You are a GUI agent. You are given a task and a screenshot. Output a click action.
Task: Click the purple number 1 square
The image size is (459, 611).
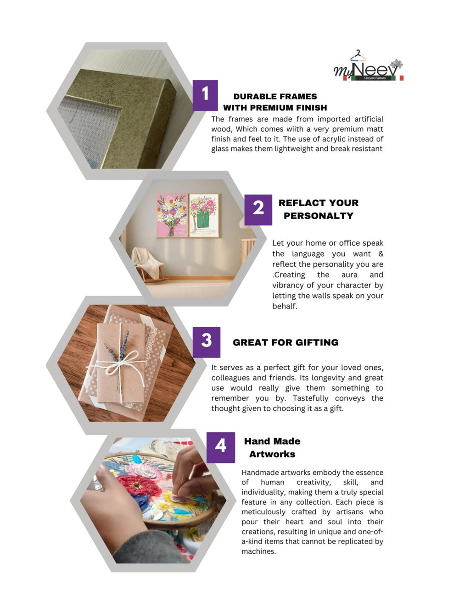(205, 95)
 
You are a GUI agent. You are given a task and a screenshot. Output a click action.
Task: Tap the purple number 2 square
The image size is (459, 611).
(258, 210)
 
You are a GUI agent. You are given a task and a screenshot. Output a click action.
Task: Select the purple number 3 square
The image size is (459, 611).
(206, 342)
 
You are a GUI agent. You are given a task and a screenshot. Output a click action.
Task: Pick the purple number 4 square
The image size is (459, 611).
(220, 447)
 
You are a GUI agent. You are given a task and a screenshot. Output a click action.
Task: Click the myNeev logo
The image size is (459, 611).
(369, 67)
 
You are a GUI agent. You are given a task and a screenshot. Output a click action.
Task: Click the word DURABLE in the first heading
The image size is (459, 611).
(253, 96)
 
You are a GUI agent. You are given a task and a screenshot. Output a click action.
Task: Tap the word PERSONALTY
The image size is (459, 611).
(319, 216)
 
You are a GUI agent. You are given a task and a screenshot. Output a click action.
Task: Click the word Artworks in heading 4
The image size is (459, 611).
(272, 454)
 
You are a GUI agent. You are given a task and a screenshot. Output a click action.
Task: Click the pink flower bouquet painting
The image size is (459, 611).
(172, 215)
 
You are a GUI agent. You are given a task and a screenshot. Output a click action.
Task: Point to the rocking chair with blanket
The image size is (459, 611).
(147, 264)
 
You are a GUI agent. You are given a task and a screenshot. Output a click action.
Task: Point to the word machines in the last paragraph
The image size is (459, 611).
(258, 551)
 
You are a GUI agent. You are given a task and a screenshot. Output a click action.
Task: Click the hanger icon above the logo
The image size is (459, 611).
(358, 55)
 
